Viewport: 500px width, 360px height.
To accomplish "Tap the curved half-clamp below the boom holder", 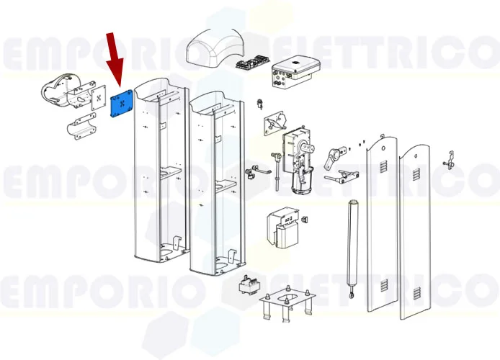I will (84, 130).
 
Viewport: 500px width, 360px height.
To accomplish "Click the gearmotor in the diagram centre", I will (301, 160).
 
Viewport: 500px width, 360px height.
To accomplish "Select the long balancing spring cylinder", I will (352, 241).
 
